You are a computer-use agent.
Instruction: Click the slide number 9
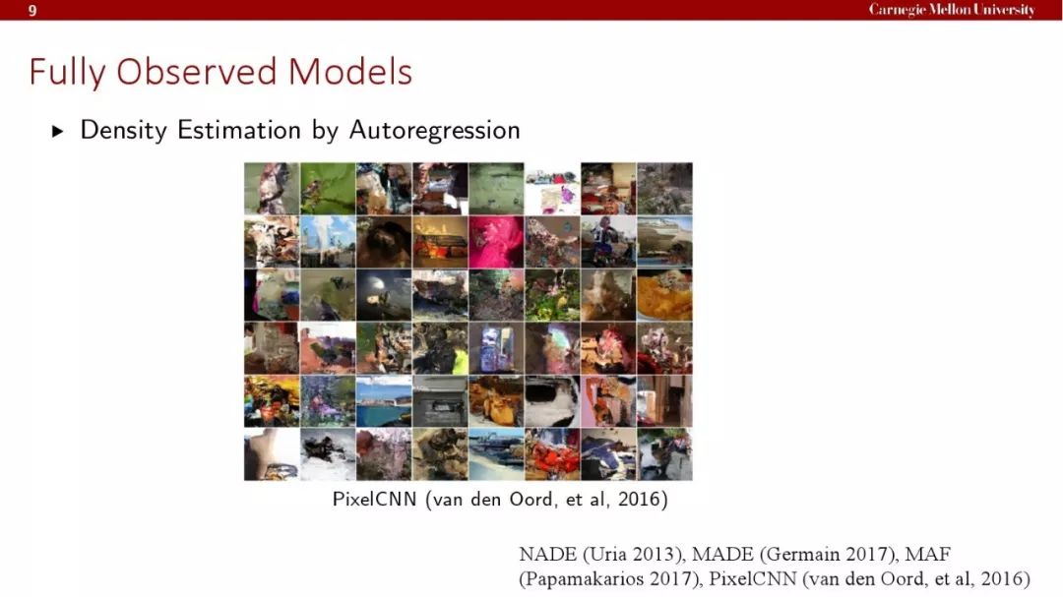pos(31,10)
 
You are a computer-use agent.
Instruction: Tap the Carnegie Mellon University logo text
pos(952,10)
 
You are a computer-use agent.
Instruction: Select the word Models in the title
pos(349,71)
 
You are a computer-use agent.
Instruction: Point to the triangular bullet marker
pos(58,131)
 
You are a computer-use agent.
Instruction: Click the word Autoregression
pos(435,130)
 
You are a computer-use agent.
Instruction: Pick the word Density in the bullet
pos(123,130)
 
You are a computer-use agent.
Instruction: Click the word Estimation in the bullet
pos(239,130)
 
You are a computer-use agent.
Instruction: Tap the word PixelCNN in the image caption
pos(374,500)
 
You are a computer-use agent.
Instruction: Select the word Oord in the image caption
pos(532,500)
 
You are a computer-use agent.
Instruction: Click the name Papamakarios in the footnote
pos(582,579)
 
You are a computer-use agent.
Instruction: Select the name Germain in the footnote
pos(802,555)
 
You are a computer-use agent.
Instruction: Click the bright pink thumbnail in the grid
pos(496,242)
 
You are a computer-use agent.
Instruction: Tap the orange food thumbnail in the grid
pos(664,295)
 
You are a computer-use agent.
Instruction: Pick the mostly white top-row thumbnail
pos(552,189)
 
